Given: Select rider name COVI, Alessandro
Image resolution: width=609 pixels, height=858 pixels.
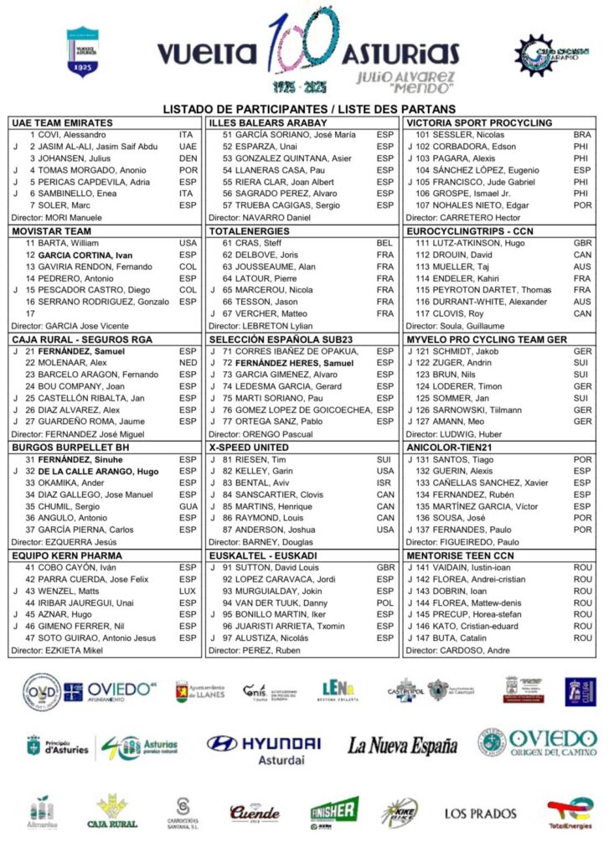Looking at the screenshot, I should tap(68, 135).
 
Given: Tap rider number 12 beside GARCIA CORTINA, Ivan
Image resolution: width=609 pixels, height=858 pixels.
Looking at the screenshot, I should tap(29, 255).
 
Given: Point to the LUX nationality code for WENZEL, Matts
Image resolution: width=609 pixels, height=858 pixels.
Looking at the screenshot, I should tap(188, 592).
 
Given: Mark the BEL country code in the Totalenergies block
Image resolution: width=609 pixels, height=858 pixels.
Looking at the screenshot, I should tap(384, 243).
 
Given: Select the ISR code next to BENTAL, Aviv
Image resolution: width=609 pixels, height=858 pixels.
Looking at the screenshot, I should tap(384, 483).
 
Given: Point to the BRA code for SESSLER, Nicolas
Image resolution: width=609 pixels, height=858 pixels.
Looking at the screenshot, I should tap(582, 135).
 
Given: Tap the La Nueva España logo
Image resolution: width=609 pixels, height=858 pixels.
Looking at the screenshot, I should tap(403, 745).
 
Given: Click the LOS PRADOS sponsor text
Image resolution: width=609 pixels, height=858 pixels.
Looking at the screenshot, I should tap(481, 813).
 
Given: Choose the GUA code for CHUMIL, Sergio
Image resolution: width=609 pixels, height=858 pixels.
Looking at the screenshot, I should tap(188, 507).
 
